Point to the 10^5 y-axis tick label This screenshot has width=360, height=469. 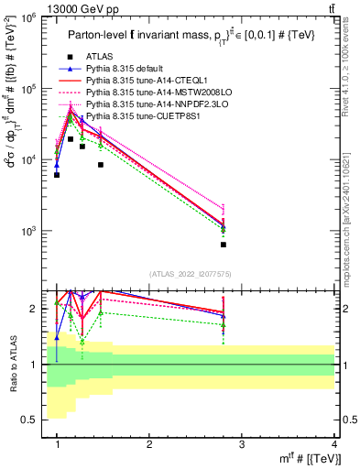28,89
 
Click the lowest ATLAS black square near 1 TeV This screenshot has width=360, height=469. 57,175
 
